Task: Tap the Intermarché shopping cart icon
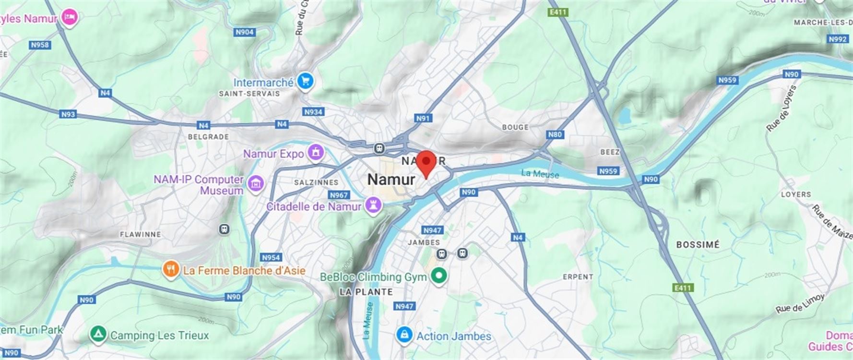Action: click(x=305, y=82)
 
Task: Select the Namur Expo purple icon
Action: click(x=316, y=153)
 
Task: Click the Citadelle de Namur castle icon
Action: click(x=373, y=206)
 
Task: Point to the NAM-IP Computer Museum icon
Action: click(x=257, y=183)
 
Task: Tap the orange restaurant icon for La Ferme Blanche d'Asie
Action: click(x=171, y=270)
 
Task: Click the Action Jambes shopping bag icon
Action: click(x=404, y=335)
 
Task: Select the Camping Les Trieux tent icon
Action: click(x=97, y=334)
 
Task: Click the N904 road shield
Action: click(x=245, y=32)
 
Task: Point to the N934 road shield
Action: click(x=313, y=112)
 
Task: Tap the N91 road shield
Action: click(x=423, y=118)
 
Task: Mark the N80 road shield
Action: click(x=555, y=134)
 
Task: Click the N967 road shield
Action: click(x=339, y=195)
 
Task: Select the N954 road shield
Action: click(x=271, y=257)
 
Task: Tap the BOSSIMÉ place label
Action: click(x=698, y=245)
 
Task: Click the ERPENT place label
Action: click(x=578, y=277)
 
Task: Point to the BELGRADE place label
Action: click(x=208, y=137)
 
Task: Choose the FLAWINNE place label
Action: click(x=140, y=234)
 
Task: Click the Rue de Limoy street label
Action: click(x=800, y=303)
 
